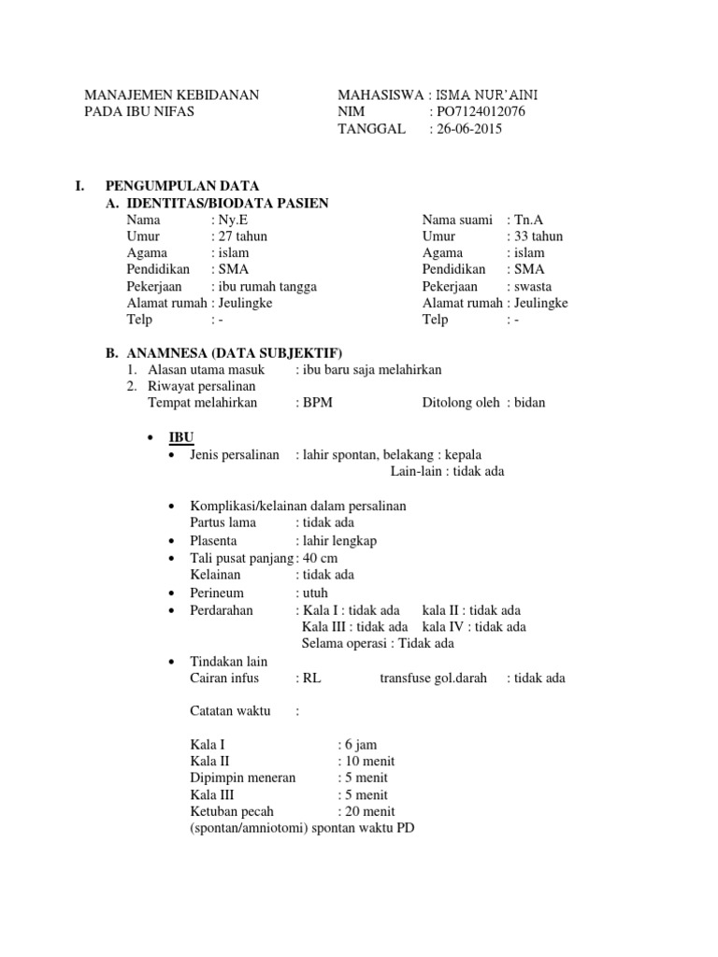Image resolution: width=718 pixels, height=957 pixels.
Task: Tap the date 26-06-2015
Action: (469, 129)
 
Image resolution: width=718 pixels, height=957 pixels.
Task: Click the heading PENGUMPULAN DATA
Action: (182, 187)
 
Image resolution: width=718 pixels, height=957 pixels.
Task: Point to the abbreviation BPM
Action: (316, 403)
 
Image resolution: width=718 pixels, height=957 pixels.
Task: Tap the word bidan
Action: (530, 403)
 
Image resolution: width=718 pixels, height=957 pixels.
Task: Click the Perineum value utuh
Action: (315, 593)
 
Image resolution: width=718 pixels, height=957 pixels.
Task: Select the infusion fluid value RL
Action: (312, 678)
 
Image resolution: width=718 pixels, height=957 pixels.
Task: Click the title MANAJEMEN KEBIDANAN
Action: (172, 95)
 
